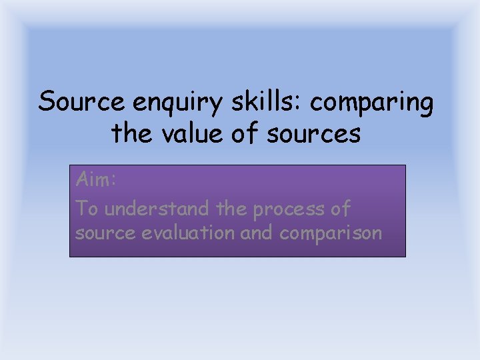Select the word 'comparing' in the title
click(372, 103)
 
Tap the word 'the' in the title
click(131, 133)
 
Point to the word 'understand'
click(157, 208)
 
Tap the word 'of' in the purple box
click(340, 208)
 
